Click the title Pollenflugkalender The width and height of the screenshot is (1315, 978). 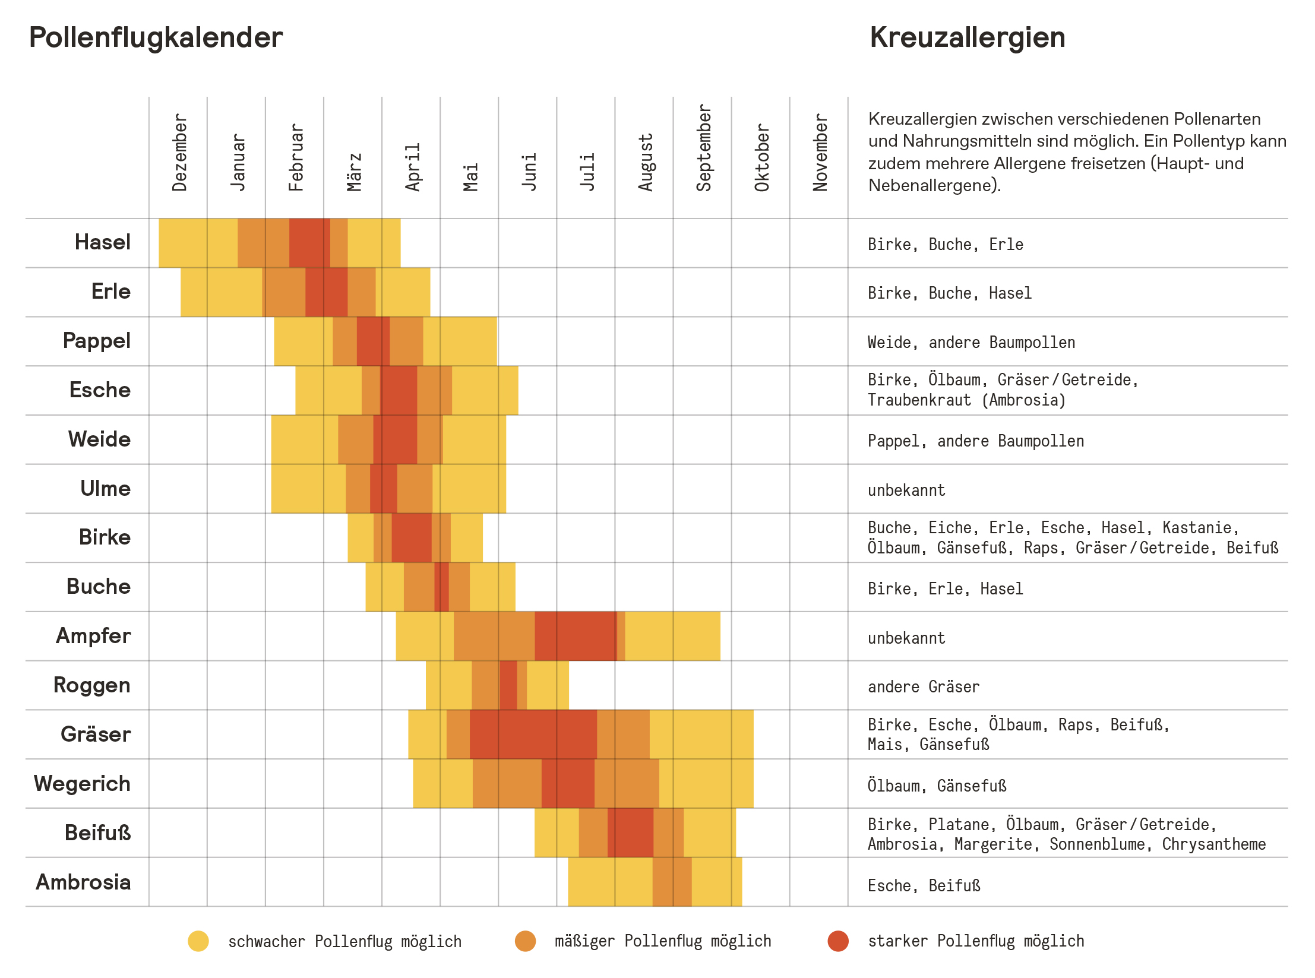click(x=156, y=38)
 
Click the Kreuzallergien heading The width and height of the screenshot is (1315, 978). click(x=967, y=38)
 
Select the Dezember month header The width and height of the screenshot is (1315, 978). click(x=179, y=153)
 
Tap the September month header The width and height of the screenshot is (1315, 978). click(x=703, y=148)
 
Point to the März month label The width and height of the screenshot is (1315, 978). click(x=354, y=172)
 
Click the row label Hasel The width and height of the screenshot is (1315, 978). click(x=103, y=242)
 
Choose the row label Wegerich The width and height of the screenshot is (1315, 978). click(x=82, y=784)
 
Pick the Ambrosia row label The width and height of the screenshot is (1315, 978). click(x=83, y=882)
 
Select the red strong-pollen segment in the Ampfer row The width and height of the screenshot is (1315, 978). click(x=575, y=636)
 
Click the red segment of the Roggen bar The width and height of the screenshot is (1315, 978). click(x=508, y=685)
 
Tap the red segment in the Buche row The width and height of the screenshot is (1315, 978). click(x=441, y=587)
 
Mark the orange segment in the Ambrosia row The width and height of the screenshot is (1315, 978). click(x=672, y=882)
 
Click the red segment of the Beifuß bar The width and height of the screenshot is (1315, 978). click(x=630, y=833)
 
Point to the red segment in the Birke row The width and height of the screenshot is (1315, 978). click(x=411, y=537)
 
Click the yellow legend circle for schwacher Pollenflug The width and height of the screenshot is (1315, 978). click(x=198, y=941)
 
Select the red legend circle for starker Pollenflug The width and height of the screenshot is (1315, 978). click(x=837, y=941)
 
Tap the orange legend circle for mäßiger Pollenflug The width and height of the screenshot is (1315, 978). click(x=525, y=941)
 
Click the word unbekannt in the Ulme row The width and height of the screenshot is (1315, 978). click(x=906, y=490)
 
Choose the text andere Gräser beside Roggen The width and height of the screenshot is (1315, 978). click(x=923, y=687)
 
